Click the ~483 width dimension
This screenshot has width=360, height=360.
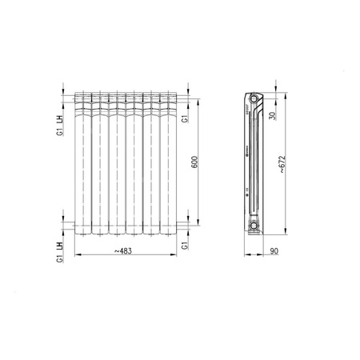[124, 252]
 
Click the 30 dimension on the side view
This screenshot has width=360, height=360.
[273, 115]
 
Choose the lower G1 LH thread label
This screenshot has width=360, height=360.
[60, 250]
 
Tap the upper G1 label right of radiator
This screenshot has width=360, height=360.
[185, 119]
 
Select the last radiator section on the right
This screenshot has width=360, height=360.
[167, 164]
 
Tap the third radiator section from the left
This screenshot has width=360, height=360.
[116, 164]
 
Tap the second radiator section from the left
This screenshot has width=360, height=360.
[99, 164]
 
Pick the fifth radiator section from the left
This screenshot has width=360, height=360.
[150, 164]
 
